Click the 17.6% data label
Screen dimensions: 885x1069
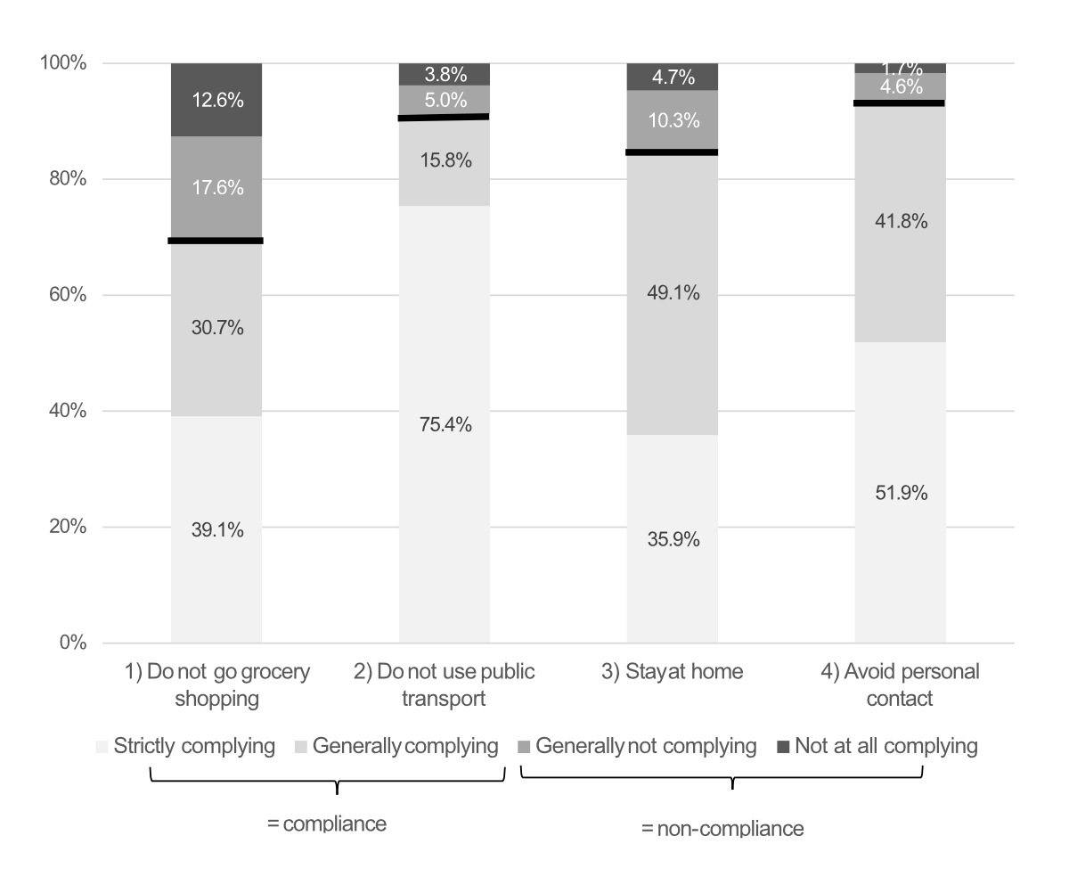tap(216, 188)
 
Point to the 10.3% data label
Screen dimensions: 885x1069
tap(673, 120)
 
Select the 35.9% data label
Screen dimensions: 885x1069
tap(673, 539)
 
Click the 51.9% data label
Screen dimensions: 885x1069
tap(900, 493)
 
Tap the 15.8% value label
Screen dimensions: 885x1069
tap(444, 161)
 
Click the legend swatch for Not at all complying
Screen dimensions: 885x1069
tap(784, 747)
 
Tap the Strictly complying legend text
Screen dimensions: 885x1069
tap(194, 746)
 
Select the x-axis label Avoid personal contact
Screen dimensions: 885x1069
tap(900, 684)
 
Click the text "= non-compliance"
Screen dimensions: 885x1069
tap(722, 829)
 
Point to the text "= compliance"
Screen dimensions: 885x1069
tap(326, 824)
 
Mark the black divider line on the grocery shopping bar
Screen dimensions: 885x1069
tap(216, 241)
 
